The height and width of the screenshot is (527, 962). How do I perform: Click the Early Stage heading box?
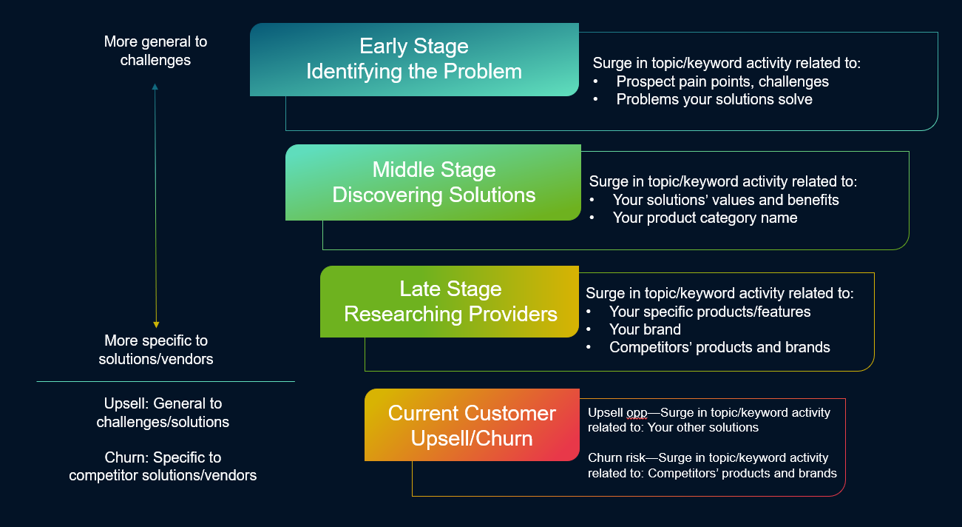point(414,59)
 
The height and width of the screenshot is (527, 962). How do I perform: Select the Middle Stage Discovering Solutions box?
point(433,182)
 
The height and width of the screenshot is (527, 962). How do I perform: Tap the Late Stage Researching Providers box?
point(450,301)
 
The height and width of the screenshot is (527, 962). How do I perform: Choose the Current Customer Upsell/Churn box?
point(472,425)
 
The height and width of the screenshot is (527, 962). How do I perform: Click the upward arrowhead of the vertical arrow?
point(155,87)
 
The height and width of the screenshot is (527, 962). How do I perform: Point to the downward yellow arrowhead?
point(156,323)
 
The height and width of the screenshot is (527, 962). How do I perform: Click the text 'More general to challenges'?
point(155,51)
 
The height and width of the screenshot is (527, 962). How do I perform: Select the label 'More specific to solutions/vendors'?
point(155,350)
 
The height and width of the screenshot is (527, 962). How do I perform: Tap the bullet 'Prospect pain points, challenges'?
point(722,81)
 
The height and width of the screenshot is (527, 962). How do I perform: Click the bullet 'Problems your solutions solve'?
point(714,99)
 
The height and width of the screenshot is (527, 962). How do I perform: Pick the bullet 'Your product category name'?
point(705,218)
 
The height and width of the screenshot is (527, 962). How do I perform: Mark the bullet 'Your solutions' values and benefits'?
point(725,200)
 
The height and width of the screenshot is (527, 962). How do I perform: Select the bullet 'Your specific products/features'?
point(709,312)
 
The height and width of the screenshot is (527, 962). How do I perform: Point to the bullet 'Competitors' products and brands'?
point(719,347)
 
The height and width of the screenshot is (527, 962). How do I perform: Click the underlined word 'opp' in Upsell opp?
point(637,412)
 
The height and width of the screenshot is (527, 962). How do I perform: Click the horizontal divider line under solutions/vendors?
point(166,382)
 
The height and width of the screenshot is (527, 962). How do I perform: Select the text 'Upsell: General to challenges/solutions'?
point(163,413)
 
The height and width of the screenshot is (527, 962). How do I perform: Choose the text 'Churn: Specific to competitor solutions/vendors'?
point(163,466)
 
